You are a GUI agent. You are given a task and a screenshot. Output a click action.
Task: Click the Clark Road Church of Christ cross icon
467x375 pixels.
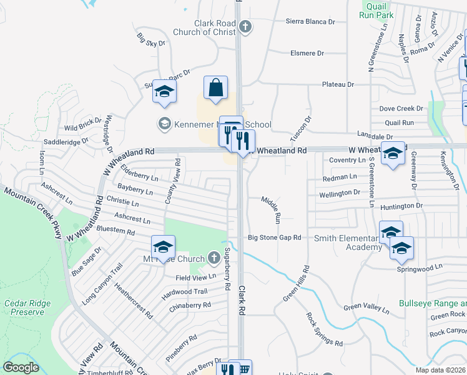coord(245,27)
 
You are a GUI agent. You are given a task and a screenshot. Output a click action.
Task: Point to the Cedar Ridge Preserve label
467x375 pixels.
coord(27,308)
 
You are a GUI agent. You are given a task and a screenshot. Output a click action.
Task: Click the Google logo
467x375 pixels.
coord(21,367)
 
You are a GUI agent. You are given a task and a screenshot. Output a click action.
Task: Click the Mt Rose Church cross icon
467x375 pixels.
coord(214,257)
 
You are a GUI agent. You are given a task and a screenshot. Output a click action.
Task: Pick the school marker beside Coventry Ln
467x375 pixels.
coord(393,154)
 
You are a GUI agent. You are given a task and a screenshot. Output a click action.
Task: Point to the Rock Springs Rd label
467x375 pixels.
coord(324,329)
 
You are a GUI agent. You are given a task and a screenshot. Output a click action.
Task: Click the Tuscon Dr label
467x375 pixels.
coord(300,128)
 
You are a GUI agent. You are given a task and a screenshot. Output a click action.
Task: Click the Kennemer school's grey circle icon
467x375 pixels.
coord(165,123)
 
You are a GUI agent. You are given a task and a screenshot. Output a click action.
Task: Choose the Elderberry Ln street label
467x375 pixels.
coord(139,172)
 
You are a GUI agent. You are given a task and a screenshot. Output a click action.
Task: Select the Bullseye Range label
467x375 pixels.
coord(433,302)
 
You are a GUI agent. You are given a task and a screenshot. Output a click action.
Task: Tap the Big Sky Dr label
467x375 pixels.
coord(150,39)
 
